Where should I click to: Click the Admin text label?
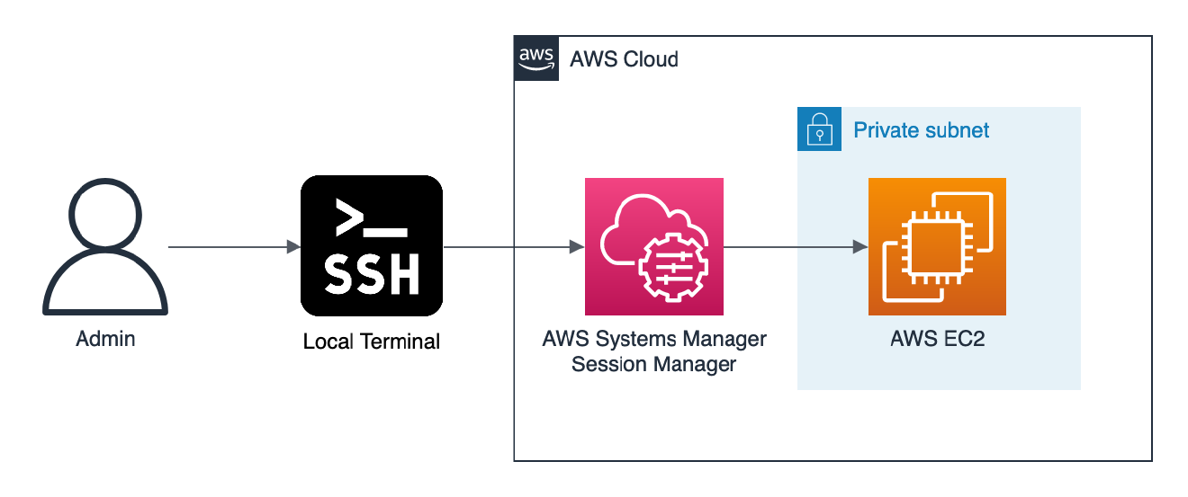[105, 340]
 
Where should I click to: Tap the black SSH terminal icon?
[372, 246]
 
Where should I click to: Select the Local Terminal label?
[372, 342]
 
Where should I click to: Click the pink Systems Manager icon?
[654, 246]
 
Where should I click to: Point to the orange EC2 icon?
[937, 246]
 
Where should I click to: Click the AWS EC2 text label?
[937, 340]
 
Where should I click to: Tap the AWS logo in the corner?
[536, 58]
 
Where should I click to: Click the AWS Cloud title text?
[624, 59]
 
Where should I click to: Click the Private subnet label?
[921, 130]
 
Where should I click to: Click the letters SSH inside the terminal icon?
[372, 276]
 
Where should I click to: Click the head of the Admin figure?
[105, 215]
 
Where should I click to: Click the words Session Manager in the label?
[654, 365]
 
